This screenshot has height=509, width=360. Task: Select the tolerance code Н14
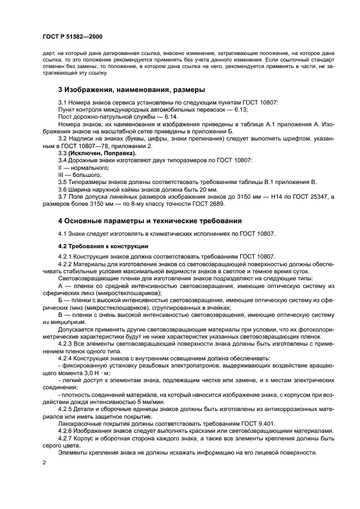pos(278,197)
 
